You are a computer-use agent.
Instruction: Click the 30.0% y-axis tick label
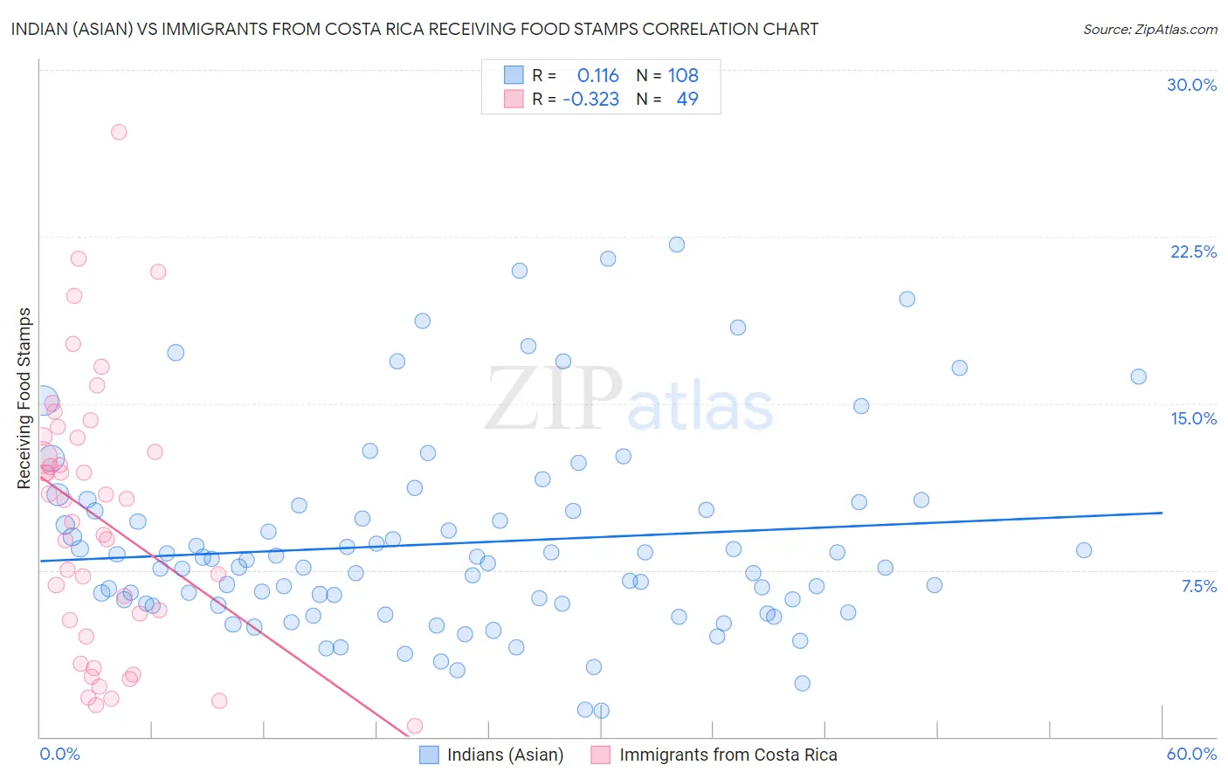click(x=1191, y=85)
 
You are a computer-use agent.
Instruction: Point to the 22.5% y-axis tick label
click(x=1193, y=252)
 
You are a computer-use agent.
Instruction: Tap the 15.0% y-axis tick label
click(x=1193, y=418)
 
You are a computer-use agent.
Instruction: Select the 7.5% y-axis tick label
click(x=1198, y=586)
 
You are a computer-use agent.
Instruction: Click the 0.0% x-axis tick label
click(x=59, y=754)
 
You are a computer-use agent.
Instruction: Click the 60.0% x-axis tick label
click(x=1191, y=754)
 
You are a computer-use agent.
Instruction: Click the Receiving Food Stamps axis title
click(x=24, y=398)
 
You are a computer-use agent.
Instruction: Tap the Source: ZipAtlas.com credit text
click(x=1149, y=30)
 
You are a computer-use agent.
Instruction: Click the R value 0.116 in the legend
click(x=597, y=76)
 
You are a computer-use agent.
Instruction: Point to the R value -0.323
click(x=590, y=100)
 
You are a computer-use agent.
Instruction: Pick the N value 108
click(x=683, y=76)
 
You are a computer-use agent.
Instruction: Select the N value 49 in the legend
click(x=687, y=100)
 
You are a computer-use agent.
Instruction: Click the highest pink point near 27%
click(x=119, y=132)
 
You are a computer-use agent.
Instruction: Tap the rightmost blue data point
click(x=1138, y=376)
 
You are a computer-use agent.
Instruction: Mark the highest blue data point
click(x=677, y=245)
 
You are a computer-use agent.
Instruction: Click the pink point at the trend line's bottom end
click(x=415, y=726)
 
